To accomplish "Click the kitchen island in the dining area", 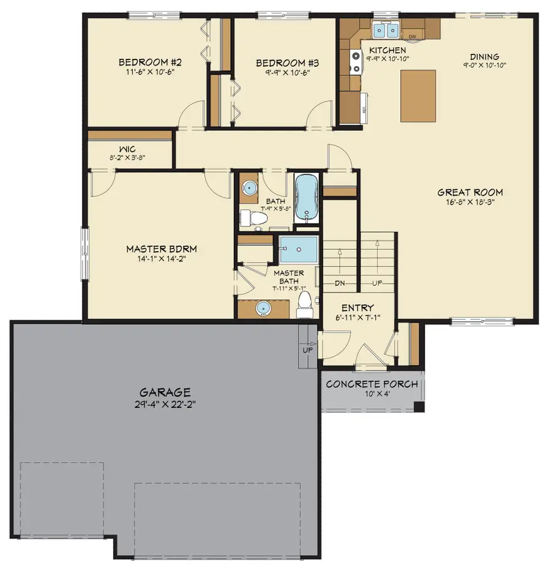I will [418, 95].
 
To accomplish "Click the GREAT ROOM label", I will [470, 192].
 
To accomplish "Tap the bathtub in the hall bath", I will [306, 198].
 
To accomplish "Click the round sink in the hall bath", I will [250, 189].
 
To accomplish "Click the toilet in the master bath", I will [304, 305].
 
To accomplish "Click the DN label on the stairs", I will [341, 283].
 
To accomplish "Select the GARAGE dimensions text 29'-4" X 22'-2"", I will [165, 404].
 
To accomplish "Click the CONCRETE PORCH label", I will [372, 385].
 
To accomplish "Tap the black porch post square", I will [419, 407].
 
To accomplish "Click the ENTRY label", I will [358, 307].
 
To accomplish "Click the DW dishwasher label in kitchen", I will [413, 37].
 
